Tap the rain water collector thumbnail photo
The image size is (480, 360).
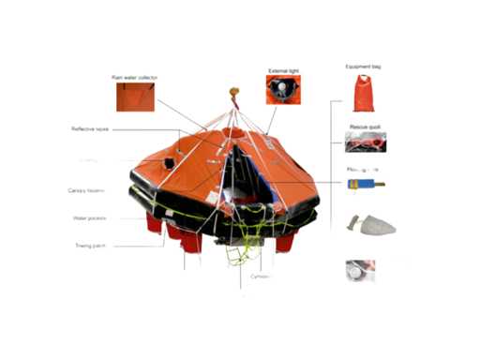pyautogui.click(x=134, y=97)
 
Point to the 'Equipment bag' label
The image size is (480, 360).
pyautogui.click(x=362, y=67)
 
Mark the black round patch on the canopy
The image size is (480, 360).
pyautogui.click(x=170, y=163)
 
